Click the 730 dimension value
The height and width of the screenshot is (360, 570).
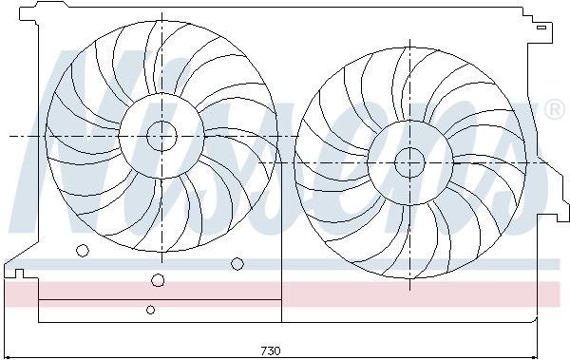(x=271, y=351)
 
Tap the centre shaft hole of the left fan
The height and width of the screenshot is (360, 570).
(x=161, y=136)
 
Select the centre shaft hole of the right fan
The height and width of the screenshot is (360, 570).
(x=409, y=162)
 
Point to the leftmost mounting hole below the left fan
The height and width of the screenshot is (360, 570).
(x=83, y=250)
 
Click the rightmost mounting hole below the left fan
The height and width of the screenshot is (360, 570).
(x=237, y=264)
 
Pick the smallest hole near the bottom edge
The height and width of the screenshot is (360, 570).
(x=150, y=310)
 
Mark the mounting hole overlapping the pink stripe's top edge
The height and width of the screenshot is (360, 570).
(x=158, y=280)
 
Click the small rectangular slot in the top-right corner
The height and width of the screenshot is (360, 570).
(x=541, y=28)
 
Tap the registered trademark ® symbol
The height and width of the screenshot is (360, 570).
(x=554, y=110)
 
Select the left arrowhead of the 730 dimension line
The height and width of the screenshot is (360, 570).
(x=8, y=357)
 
